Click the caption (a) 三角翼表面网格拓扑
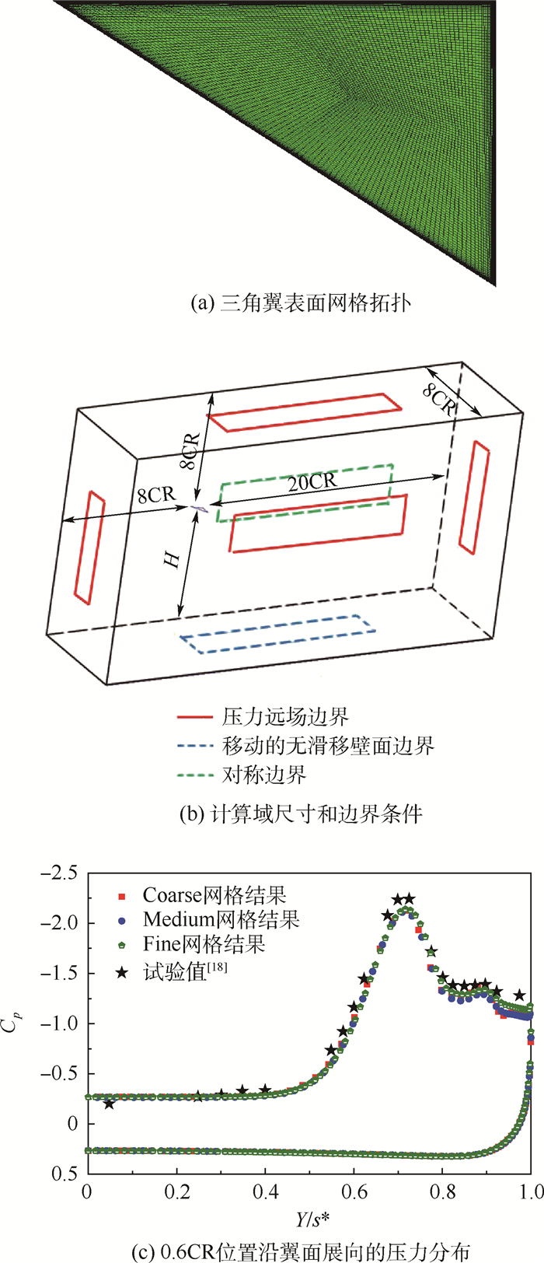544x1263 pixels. [301, 303]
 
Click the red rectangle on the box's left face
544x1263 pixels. [89, 547]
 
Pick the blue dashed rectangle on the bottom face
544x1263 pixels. [276, 634]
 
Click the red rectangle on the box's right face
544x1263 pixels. [474, 497]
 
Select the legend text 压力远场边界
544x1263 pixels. [286, 716]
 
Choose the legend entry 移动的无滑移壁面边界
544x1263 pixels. [328, 746]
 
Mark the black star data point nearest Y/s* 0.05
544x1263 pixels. [109, 1104]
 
